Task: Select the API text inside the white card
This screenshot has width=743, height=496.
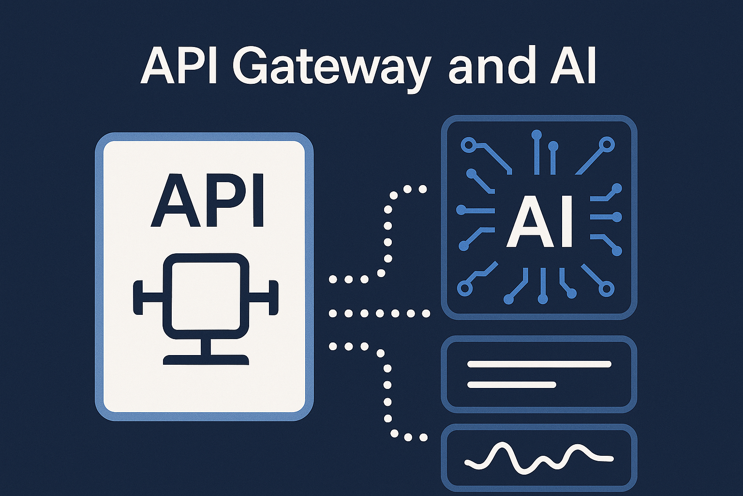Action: (208, 201)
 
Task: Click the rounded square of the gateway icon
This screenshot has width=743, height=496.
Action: (206, 295)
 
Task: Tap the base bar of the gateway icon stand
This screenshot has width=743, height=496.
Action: (206, 360)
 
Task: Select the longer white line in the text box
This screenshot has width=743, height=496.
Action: (539, 364)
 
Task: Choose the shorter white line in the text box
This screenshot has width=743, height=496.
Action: (512, 385)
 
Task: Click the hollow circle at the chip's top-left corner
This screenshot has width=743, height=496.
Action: (468, 145)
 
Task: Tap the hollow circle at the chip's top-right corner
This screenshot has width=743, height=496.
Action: (607, 144)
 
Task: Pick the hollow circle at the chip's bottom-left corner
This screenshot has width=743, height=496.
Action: (465, 288)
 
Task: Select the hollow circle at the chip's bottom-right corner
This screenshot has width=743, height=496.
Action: (606, 289)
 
